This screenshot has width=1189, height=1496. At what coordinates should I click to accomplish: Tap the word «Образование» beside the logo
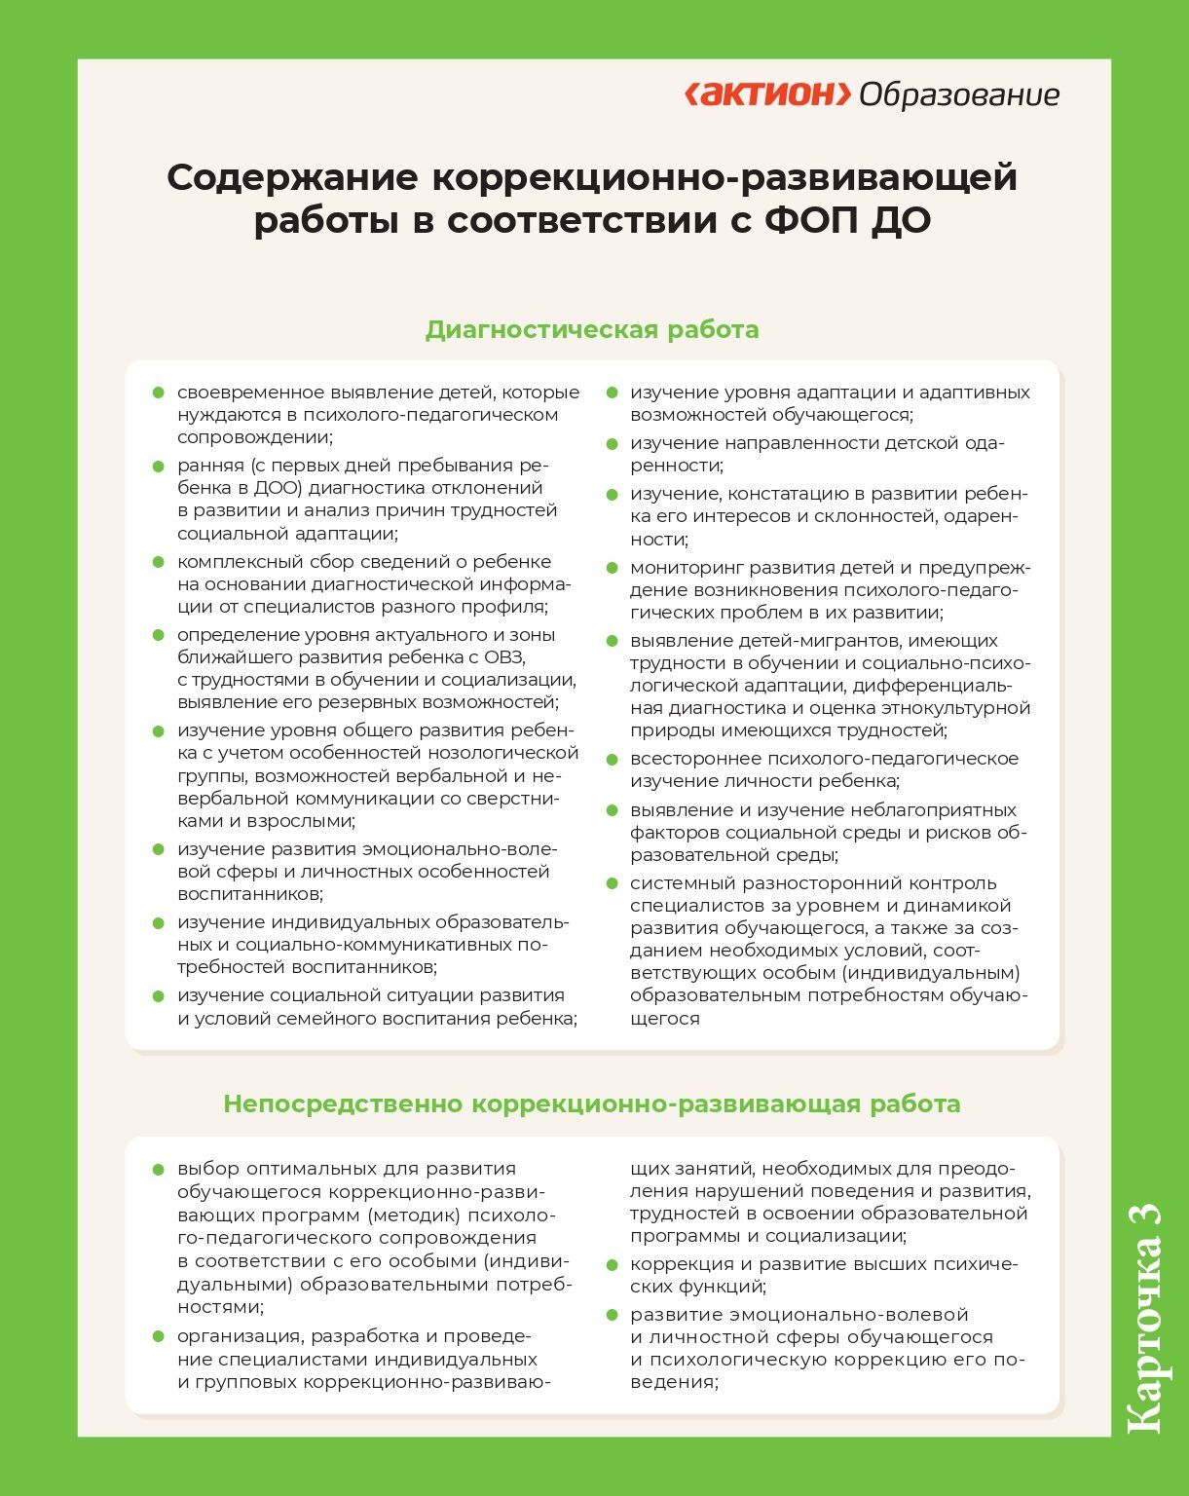[x=959, y=95]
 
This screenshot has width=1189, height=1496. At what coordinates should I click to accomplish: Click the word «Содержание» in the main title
[x=293, y=178]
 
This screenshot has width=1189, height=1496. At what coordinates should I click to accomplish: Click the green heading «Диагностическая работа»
[x=592, y=329]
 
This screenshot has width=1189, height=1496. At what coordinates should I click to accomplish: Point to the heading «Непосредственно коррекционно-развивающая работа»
[x=592, y=1103]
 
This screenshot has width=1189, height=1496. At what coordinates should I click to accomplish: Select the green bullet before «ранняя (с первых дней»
[x=158, y=466]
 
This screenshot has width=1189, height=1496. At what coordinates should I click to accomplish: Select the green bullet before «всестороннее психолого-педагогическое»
[x=612, y=759]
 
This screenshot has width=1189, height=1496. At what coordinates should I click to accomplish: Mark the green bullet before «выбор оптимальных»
[x=158, y=1169]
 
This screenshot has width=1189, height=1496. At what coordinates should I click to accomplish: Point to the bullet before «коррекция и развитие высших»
[x=612, y=1264]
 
